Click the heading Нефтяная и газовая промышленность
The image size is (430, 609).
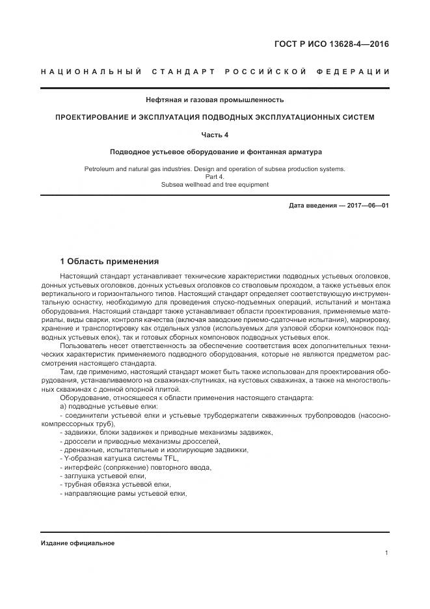[214, 100]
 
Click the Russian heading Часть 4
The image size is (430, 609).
[214, 134]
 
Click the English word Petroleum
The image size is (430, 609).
[101, 169]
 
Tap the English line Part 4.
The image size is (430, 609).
[214, 176]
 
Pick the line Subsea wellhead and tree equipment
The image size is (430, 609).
[214, 184]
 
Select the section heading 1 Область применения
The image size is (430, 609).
[109, 262]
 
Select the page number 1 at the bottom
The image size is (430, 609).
[386, 553]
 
